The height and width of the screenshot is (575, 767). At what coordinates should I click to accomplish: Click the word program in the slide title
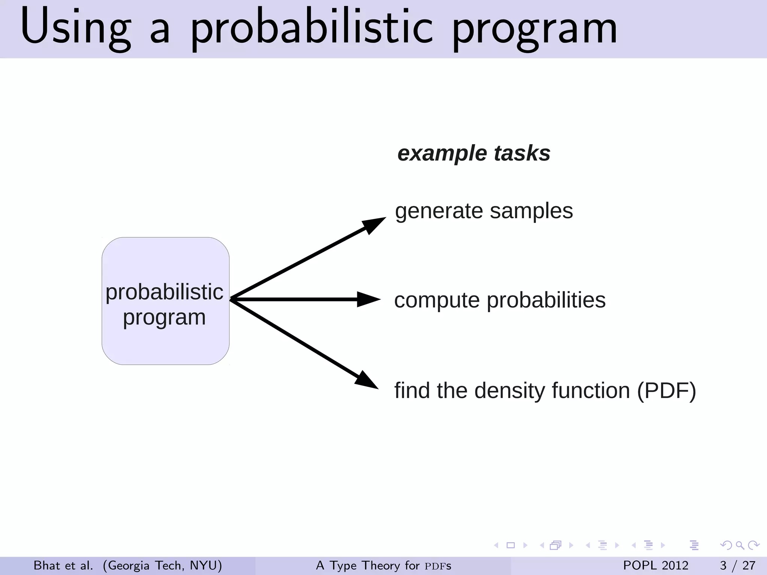[535, 30]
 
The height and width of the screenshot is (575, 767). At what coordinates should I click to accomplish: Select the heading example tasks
[474, 153]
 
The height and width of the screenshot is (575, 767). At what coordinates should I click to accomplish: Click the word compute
[437, 301]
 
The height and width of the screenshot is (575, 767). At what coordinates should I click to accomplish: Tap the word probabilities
[546, 300]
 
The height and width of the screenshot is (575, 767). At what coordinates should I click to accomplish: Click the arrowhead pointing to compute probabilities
[368, 299]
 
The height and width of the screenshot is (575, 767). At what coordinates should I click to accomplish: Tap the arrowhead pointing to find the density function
[366, 380]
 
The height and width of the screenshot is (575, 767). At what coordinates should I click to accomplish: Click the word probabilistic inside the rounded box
[164, 292]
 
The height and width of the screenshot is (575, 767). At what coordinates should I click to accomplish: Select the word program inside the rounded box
[164, 317]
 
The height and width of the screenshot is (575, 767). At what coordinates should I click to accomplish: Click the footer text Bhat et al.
[63, 565]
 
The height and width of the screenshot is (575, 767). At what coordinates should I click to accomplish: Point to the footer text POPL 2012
[655, 565]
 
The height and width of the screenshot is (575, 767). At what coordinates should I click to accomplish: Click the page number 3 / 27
[737, 565]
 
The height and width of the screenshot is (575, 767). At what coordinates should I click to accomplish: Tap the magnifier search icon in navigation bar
[740, 545]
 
